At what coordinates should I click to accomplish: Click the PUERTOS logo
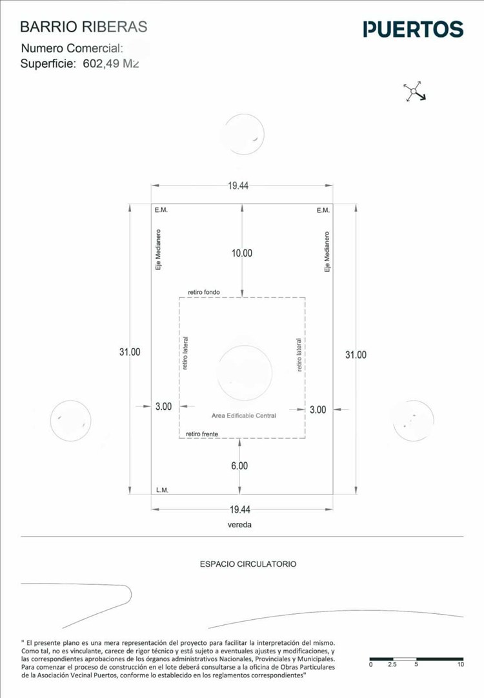click(413, 29)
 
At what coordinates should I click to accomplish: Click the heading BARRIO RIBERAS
click(84, 26)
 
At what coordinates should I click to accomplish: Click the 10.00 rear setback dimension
click(242, 253)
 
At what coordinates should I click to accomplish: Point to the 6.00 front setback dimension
click(239, 465)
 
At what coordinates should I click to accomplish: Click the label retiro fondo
click(204, 292)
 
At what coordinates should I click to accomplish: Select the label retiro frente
click(202, 433)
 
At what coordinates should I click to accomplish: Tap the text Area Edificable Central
click(243, 416)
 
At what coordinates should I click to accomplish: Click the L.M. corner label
click(162, 490)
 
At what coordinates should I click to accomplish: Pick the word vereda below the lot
click(239, 525)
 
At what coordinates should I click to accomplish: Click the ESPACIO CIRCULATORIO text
click(248, 564)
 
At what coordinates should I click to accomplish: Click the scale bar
click(414, 659)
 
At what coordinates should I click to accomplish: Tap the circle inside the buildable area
click(245, 372)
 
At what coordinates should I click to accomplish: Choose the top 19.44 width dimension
click(238, 186)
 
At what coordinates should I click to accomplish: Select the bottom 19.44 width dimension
click(239, 510)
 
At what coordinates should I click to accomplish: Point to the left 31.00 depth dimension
click(130, 352)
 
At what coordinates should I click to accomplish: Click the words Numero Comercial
click(72, 48)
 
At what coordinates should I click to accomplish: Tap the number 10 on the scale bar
click(460, 664)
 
